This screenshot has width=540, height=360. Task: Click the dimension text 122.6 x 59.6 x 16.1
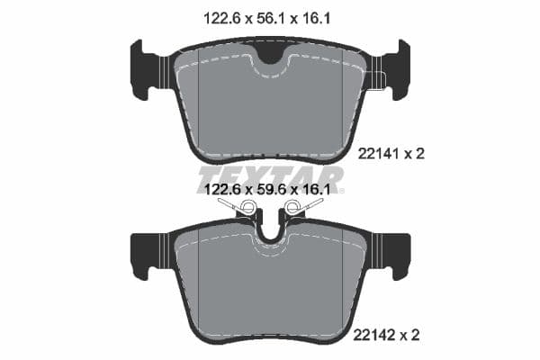click(x=270, y=190)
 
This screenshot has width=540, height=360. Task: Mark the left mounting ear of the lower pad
click(x=146, y=254)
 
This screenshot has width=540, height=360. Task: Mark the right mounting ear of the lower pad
click(x=394, y=254)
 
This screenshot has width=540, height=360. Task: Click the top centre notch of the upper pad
click(x=270, y=53)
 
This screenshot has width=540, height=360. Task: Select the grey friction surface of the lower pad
click(x=270, y=292)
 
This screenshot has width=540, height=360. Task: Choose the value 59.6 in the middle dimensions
click(x=270, y=190)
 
